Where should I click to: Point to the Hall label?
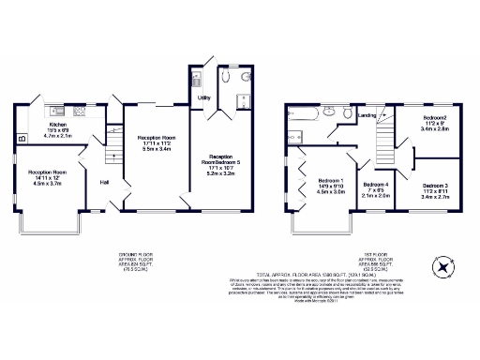[104, 182]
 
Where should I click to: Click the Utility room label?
[203, 97]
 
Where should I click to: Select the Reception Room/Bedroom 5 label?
[221, 159]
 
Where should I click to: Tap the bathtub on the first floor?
[307, 119]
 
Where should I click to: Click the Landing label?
[368, 115]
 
